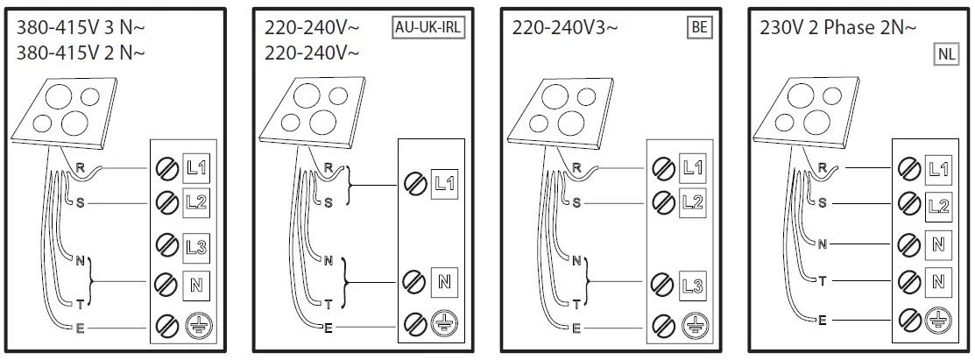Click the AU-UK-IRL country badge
(427, 27)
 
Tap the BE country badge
(699, 27)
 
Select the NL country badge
(946, 54)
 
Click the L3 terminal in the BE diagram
(692, 286)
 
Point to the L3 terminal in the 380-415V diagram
(195, 244)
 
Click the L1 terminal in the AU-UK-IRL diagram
(444, 184)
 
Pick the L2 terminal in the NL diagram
(938, 206)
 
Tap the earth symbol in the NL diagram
(938, 321)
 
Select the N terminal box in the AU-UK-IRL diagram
(444, 282)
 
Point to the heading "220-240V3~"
(565, 27)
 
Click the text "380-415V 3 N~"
(81, 27)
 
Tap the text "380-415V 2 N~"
(81, 53)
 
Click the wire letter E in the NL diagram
(822, 321)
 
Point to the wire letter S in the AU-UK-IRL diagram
(328, 202)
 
